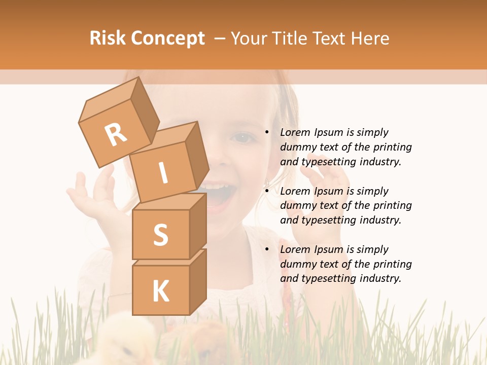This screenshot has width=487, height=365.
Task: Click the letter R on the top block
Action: click(116, 134)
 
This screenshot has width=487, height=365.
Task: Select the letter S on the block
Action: click(160, 235)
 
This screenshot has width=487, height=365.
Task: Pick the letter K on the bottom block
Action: click(160, 291)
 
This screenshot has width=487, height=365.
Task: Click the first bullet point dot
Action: click(267, 132)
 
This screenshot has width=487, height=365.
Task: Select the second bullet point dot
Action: click(267, 191)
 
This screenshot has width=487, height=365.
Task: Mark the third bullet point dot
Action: click(267, 249)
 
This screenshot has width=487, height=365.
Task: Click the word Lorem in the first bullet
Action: click(295, 132)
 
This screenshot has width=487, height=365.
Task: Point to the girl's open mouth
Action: click(217, 198)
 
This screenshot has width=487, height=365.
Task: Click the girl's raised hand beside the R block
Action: click(91, 195)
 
